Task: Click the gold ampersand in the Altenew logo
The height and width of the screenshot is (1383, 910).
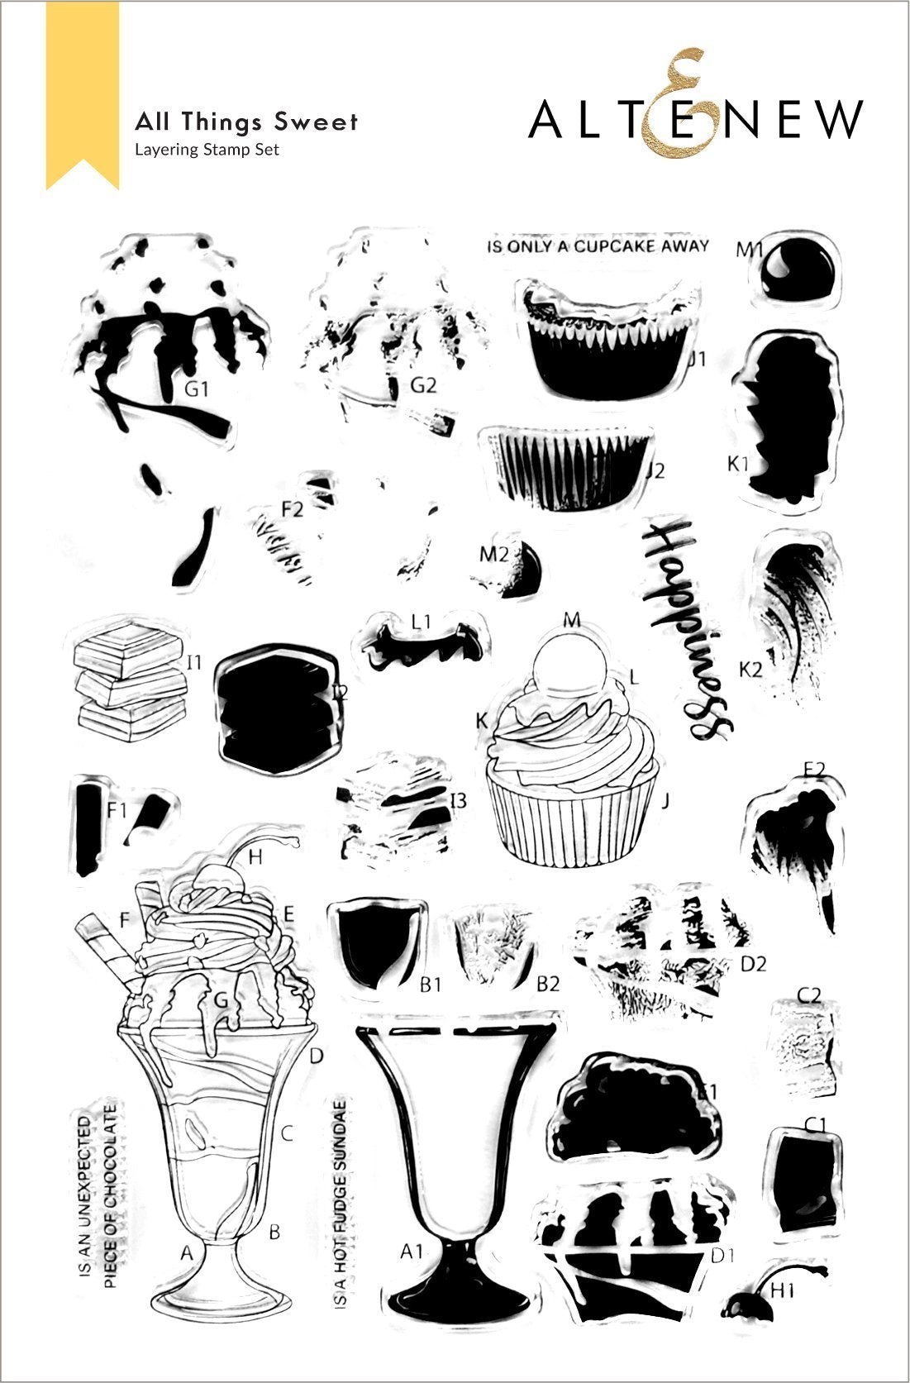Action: (673, 107)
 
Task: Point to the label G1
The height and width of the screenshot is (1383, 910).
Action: (196, 389)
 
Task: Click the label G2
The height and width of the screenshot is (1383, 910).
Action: (422, 384)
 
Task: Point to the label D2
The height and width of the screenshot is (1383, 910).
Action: (753, 963)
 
